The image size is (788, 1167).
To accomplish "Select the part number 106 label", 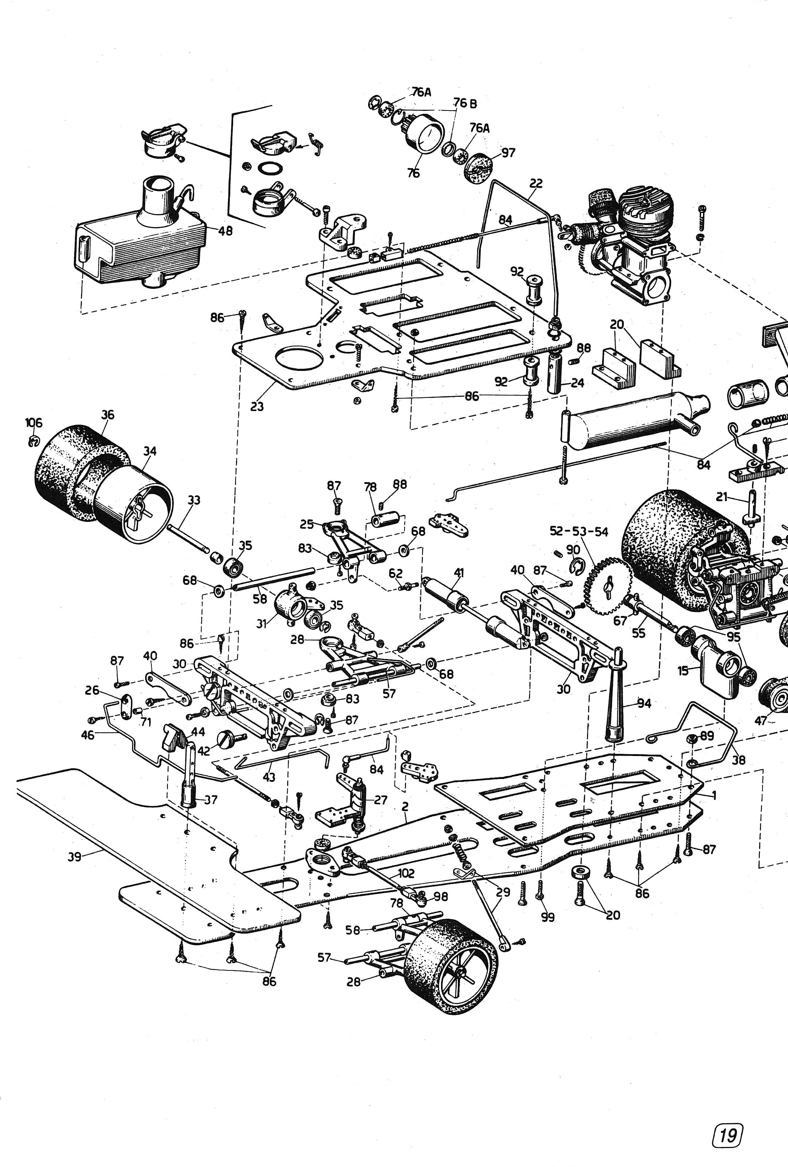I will [34, 423].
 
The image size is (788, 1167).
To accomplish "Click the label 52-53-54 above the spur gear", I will [579, 532].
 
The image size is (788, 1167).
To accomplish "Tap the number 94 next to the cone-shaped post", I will [644, 703].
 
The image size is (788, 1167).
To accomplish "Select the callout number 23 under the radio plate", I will [256, 406].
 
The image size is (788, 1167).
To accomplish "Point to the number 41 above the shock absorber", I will [459, 573].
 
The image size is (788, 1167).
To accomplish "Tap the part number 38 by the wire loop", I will [738, 760].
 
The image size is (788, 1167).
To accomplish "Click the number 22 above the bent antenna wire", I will [536, 184].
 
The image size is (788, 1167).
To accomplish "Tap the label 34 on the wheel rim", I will [150, 451].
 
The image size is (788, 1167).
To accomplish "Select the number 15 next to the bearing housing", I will [683, 671].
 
